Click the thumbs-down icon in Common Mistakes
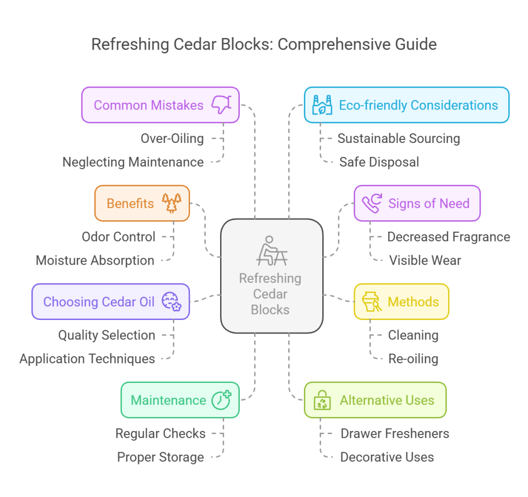point(222,105)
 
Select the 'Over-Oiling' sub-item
point(172,138)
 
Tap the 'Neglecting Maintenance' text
point(133,162)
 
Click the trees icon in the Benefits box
point(172,203)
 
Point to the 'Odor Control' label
point(119,237)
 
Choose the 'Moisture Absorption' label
point(95,261)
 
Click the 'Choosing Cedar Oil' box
point(110,301)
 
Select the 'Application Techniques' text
point(87,359)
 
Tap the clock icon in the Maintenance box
point(221,400)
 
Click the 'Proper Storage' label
point(160,457)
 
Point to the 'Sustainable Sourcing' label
point(399,138)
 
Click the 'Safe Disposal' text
point(379,162)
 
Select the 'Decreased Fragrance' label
point(449,237)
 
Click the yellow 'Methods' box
point(401,301)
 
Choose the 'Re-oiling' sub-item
point(413,359)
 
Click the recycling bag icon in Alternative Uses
point(323,400)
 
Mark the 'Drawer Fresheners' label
point(394,434)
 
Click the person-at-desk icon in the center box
point(271,251)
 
